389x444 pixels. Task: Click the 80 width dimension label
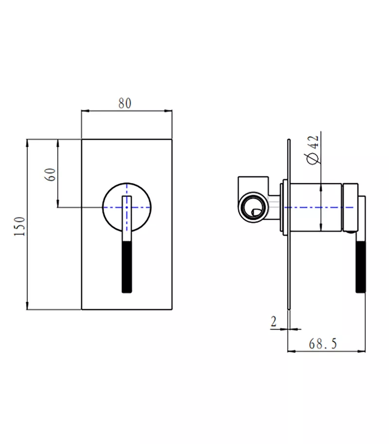click(x=125, y=103)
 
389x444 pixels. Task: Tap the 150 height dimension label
click(x=20, y=226)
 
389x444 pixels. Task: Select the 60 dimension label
click(x=51, y=174)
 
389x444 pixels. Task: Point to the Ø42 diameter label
click(x=312, y=150)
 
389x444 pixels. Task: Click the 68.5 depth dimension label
click(x=323, y=344)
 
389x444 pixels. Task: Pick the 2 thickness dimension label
click(x=273, y=321)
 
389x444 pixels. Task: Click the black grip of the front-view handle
click(x=127, y=267)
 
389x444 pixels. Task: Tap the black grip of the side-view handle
click(x=361, y=266)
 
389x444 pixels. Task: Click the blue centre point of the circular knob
click(x=127, y=207)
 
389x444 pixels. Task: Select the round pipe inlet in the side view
click(x=253, y=207)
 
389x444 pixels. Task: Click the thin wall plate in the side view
click(x=288, y=224)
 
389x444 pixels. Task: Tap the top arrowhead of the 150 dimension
click(x=27, y=143)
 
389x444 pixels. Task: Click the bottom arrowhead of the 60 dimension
click(x=58, y=203)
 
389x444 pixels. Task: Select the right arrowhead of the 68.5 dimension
click(x=362, y=351)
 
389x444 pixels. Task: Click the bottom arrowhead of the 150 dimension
click(x=27, y=306)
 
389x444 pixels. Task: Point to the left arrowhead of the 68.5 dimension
click(x=291, y=351)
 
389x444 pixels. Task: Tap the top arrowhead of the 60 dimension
click(x=58, y=143)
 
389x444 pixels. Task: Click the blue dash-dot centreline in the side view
click(x=319, y=207)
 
